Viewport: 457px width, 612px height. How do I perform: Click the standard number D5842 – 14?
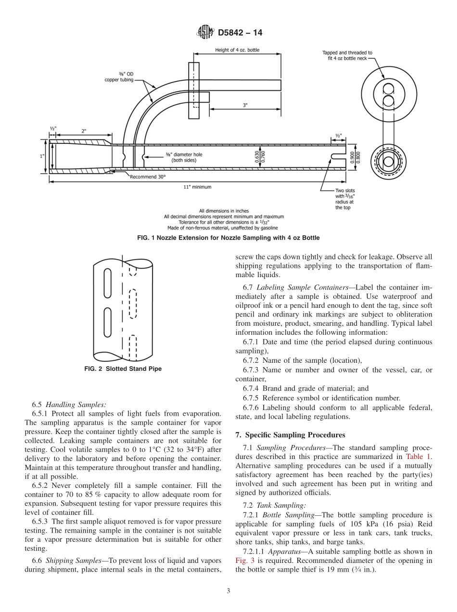(240, 33)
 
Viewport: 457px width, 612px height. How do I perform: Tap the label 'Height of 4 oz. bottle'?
(237, 50)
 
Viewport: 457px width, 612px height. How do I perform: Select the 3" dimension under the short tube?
(245, 105)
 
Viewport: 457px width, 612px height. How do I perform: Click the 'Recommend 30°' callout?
(147, 177)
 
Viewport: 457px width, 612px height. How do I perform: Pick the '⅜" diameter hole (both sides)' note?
(180, 157)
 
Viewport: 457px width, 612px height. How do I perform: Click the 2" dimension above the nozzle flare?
(84, 131)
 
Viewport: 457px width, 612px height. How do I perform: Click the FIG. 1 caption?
(228, 238)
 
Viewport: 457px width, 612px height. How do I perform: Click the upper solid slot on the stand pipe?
(107, 283)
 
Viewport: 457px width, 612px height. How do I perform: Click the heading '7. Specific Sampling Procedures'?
(290, 435)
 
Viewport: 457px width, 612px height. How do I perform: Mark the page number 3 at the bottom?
(228, 591)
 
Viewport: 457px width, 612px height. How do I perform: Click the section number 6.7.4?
(252, 388)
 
